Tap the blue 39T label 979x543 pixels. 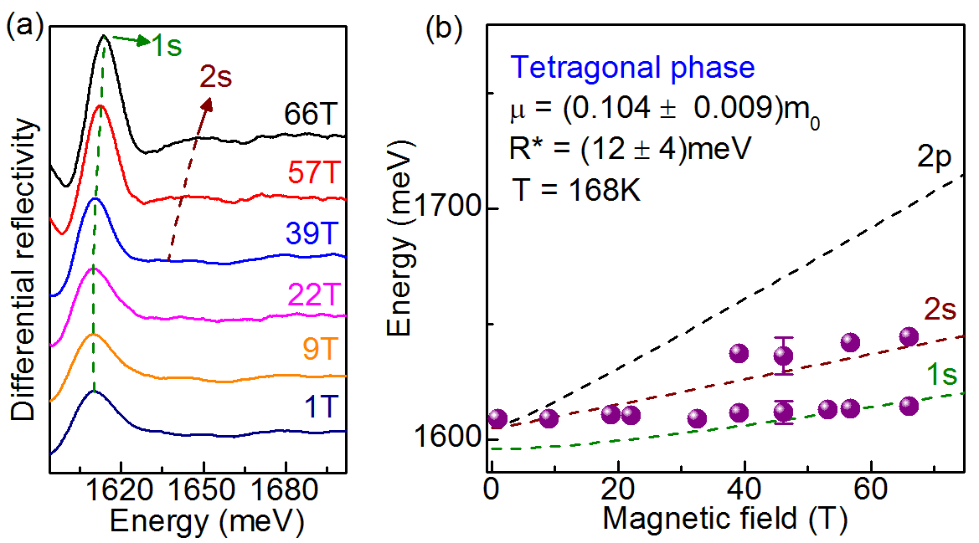(313, 234)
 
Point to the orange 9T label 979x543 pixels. (322, 347)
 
